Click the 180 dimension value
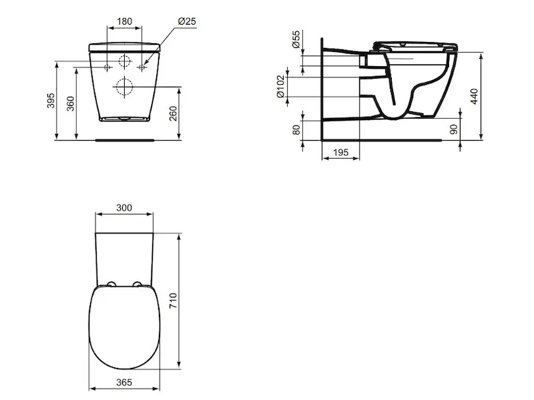pos(124,21)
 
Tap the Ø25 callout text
pos(188,21)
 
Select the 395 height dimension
pos(51,101)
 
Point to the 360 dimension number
pos(71,103)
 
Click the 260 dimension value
pos(174,113)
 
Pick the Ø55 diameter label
pos(296,39)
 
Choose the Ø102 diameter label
pos(280,87)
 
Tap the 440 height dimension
pos(474,96)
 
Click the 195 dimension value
pos(340,152)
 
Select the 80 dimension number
pos(296,129)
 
